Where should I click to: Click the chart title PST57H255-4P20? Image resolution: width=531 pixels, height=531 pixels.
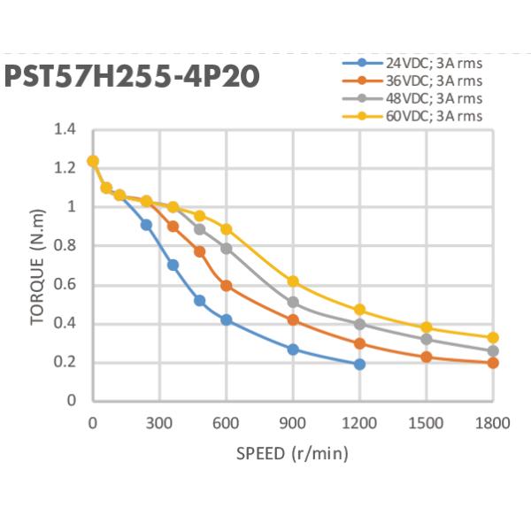(133, 77)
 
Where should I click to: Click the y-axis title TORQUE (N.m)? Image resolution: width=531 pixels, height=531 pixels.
(37, 265)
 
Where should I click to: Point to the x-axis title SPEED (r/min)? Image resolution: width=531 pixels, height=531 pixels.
(292, 454)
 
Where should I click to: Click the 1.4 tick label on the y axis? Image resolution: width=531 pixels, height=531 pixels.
(65, 130)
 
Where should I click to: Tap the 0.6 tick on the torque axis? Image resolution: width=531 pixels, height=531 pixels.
(65, 285)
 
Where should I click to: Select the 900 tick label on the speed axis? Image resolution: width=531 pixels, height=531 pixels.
(293, 422)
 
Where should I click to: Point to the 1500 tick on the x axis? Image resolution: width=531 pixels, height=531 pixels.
(427, 422)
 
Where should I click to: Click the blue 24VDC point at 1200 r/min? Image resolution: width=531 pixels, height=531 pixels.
(359, 364)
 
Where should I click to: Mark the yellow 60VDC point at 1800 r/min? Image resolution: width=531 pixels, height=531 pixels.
(493, 337)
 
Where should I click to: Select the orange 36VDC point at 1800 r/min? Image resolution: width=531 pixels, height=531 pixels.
(493, 362)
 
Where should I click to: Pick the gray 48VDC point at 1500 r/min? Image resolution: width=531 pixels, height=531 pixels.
(427, 339)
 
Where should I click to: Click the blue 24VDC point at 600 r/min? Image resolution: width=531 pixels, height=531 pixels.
(227, 319)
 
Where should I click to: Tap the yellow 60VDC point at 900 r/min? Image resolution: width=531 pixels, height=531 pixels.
(293, 281)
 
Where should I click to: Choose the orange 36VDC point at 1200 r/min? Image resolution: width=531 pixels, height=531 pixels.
(359, 343)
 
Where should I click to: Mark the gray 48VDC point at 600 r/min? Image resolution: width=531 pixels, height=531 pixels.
(227, 249)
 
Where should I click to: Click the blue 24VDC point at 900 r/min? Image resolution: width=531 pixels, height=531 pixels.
(293, 350)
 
